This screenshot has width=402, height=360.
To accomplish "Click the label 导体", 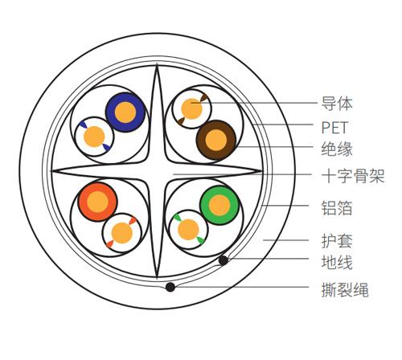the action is [x=337, y=104].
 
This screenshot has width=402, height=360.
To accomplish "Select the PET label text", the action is [x=334, y=128].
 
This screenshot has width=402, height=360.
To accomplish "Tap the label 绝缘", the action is [x=337, y=149].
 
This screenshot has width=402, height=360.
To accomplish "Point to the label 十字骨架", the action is [x=353, y=176].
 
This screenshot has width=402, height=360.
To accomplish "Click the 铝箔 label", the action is [x=337, y=208].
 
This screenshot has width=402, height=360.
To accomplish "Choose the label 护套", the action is [x=337, y=241].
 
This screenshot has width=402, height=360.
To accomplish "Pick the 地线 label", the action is [x=337, y=262].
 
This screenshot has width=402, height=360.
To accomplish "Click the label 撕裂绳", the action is [x=345, y=290].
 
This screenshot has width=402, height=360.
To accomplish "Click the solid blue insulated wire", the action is [x=125, y=112].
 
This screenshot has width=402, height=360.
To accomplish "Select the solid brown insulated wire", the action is [x=216, y=140].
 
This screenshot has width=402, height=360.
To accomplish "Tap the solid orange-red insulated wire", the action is [x=97, y=202].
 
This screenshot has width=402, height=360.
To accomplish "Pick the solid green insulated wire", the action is [x=219, y=205].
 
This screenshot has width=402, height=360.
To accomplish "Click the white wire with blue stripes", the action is [x=94, y=137].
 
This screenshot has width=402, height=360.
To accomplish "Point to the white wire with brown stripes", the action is [x=191, y=108].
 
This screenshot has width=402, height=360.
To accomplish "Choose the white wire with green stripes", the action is [x=189, y=230].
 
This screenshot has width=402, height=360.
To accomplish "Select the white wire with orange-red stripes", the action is [x=122, y=233].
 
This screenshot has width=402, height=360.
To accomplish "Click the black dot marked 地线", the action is [x=224, y=260].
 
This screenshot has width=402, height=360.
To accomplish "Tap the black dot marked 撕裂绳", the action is [x=170, y=287].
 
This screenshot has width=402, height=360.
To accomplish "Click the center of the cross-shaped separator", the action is [x=157, y=170].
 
